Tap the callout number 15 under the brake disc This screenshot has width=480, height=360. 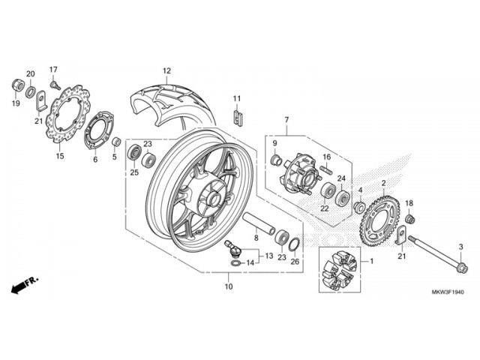point(60,157)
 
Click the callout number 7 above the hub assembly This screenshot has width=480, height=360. point(286,119)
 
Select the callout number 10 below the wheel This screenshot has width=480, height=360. point(228,286)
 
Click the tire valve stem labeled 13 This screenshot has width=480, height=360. point(232,247)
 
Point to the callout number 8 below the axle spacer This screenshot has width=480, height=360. point(256,238)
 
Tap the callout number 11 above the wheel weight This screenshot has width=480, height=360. point(235,99)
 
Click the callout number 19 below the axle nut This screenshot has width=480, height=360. point(15,103)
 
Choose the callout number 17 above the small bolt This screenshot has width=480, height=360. point(53,70)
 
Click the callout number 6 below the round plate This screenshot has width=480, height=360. point(95,159)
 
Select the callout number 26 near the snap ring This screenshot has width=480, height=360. point(294,262)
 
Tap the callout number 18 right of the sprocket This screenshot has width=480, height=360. point(409,203)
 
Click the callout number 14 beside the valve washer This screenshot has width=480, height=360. point(250,262)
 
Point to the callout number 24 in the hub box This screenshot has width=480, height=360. point(340,178)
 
